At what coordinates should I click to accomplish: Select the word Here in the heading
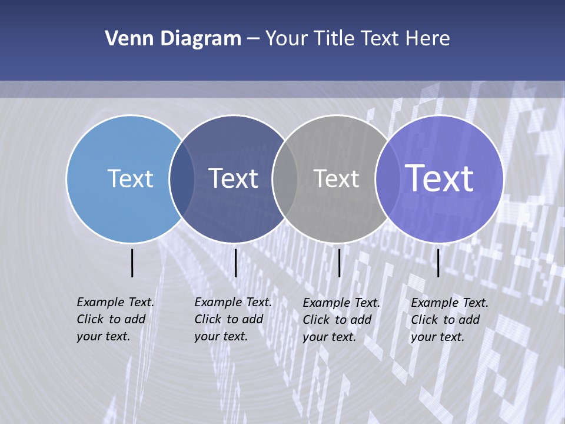point(428,39)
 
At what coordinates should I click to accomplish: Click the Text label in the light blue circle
point(130,178)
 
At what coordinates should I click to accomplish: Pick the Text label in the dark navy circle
point(234,178)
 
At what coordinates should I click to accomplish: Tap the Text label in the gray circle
point(336,178)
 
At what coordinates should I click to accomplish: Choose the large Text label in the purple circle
point(440,178)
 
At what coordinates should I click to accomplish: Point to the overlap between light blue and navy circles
point(182,178)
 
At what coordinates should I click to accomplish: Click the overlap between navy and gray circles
point(285,178)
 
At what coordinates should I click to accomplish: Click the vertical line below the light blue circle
point(132,263)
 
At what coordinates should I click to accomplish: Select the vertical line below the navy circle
point(235,263)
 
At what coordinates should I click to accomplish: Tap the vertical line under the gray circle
point(339,263)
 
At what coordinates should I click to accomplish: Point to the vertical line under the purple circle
point(438,263)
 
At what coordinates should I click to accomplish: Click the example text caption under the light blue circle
point(115,319)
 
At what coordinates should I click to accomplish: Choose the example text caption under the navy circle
point(232,319)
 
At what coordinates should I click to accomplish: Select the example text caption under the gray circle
point(341,320)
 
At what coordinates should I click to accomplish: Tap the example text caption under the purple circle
point(449,320)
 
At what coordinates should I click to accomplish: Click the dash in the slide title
point(253,39)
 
